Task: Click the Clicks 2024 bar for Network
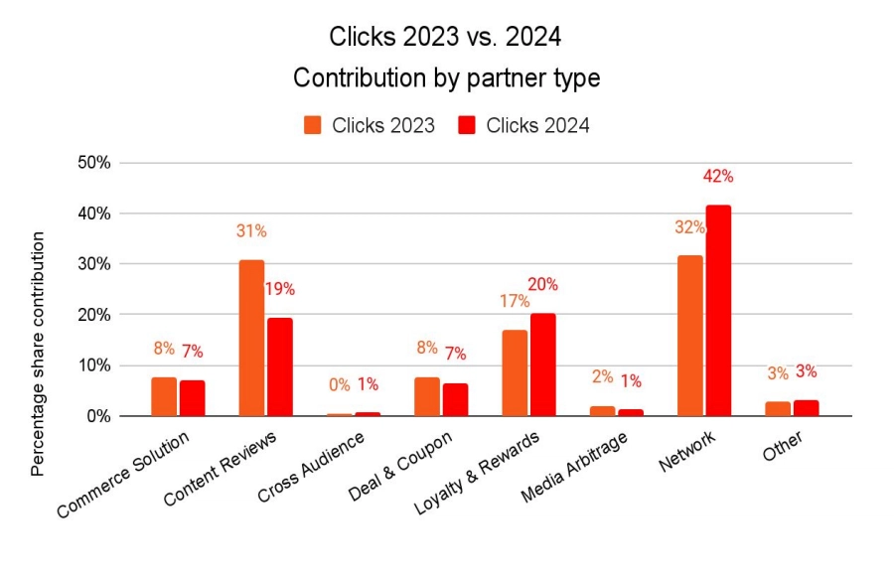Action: coord(717,311)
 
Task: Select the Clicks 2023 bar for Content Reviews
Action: coord(251,338)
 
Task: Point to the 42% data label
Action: coord(717,176)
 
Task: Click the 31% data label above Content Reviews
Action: coord(251,231)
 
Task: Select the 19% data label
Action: coord(279,289)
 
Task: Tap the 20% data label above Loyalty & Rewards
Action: coord(542,284)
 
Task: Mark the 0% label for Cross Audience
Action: coord(339,384)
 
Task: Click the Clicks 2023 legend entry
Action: coord(369,125)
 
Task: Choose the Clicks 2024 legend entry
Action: coord(522,125)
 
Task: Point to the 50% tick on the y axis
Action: coord(99,163)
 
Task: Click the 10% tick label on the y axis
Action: coord(99,365)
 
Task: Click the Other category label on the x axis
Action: coord(782,443)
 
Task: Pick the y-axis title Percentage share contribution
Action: coord(38,354)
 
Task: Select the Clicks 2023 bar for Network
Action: coord(689,336)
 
